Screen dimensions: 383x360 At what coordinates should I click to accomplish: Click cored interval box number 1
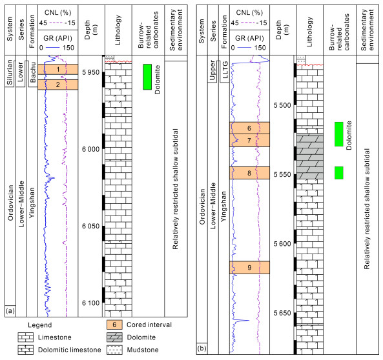click(x=58, y=69)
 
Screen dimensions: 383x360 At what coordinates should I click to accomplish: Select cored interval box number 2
click(x=58, y=85)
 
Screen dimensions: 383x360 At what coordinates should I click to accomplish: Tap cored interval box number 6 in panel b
click(x=249, y=128)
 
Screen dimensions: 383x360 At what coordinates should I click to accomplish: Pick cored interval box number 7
click(x=249, y=141)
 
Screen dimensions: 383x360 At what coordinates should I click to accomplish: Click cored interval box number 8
click(x=249, y=173)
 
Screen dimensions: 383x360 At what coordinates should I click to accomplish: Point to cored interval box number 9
click(x=249, y=268)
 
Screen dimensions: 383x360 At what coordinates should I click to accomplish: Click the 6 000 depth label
click(x=90, y=149)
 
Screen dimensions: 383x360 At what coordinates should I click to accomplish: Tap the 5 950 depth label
click(x=90, y=72)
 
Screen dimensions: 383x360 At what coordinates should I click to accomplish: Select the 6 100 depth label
click(x=90, y=303)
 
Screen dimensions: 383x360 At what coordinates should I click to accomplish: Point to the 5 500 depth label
click(x=282, y=105)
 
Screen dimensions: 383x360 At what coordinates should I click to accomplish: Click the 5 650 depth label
click(x=282, y=313)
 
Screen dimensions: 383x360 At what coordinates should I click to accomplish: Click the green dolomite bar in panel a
click(x=147, y=77)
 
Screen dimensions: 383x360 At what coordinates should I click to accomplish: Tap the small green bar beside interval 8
click(x=339, y=173)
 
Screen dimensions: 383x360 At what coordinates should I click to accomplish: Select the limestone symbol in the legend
click(x=26, y=337)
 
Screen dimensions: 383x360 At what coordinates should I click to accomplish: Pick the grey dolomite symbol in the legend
click(x=114, y=337)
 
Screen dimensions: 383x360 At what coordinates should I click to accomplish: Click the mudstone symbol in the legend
click(x=114, y=350)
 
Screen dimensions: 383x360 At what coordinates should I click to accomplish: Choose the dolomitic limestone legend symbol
click(x=26, y=350)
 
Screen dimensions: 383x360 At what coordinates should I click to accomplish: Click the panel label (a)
click(x=10, y=311)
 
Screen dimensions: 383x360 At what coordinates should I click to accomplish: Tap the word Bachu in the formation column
click(x=32, y=72)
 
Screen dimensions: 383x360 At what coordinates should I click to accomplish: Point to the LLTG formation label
click(x=225, y=70)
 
